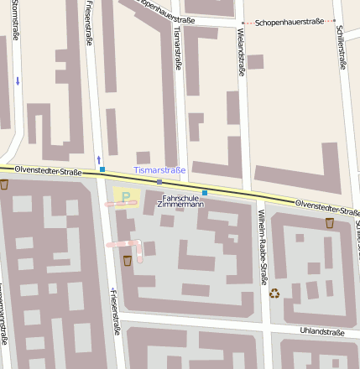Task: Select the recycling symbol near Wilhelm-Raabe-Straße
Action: coord(274,293)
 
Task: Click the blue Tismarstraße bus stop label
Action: coord(159,170)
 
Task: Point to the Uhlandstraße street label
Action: coord(322,332)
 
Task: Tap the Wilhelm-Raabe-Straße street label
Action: coord(262,242)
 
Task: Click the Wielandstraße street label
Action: coord(241,52)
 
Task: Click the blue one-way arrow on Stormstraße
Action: coord(18,81)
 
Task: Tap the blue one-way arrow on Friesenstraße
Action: coord(98,159)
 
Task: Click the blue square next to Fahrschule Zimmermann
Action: coord(204,193)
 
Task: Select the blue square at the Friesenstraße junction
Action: coord(102,169)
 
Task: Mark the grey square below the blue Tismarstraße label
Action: coord(159,182)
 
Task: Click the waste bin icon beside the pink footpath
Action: coord(127,261)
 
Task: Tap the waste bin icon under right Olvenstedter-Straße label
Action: coord(329,222)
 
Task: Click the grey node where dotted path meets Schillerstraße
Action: coord(334,20)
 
